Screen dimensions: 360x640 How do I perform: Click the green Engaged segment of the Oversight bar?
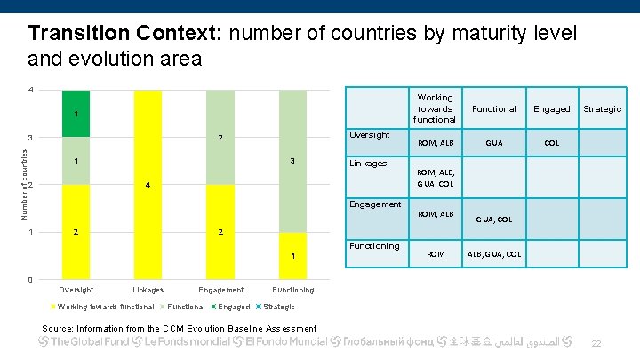coord(76,113)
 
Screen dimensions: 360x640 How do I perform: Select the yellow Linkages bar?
coord(148,184)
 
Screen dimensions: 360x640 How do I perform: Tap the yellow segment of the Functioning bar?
coord(292,256)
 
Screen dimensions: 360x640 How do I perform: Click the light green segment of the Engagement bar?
coord(220,137)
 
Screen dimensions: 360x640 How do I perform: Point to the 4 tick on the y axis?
coord(30,90)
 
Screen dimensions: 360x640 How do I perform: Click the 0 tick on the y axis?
coord(30,280)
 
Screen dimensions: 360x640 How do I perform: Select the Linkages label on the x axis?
coord(148,290)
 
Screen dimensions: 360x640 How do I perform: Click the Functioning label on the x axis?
coord(292,290)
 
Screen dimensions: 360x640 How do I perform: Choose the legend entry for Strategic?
coord(278,307)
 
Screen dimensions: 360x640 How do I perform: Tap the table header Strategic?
coord(602,108)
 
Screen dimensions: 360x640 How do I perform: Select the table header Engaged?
coord(551,108)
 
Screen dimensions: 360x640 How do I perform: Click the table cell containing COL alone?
coord(551,142)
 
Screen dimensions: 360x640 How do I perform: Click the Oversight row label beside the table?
coord(369,135)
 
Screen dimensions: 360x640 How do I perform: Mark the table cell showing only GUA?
coord(493,142)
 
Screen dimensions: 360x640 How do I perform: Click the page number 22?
coord(596,343)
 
